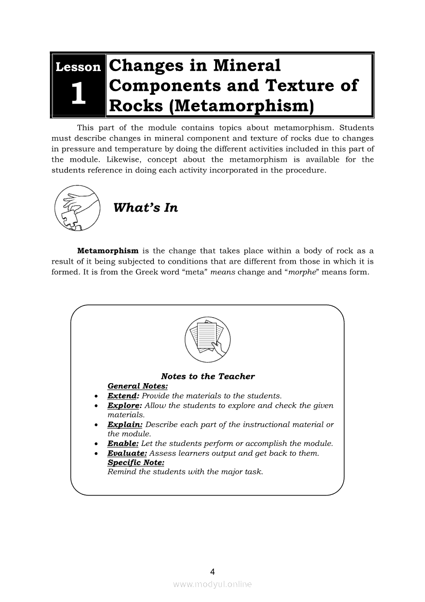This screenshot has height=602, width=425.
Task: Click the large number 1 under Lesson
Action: [78, 95]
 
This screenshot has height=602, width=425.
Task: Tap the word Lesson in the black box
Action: [78, 67]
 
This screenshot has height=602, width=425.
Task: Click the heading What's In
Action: [145, 208]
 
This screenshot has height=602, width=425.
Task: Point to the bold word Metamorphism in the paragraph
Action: [108, 251]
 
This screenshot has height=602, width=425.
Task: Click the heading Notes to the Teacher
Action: [208, 376]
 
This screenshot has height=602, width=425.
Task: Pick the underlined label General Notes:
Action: [138, 386]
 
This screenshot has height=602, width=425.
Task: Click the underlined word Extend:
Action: [123, 396]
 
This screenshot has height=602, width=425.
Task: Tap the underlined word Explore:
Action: [124, 406]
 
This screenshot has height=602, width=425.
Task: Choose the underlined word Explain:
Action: [125, 425]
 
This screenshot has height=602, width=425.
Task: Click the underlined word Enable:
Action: [123, 443]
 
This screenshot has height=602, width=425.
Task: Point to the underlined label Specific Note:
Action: [136, 462]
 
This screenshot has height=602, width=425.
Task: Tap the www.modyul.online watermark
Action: [213, 584]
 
